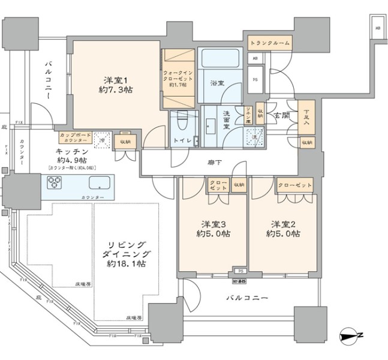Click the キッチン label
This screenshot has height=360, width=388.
[73, 152]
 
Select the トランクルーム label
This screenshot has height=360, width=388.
[270, 43]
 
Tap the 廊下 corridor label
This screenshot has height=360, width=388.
[210, 161]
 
